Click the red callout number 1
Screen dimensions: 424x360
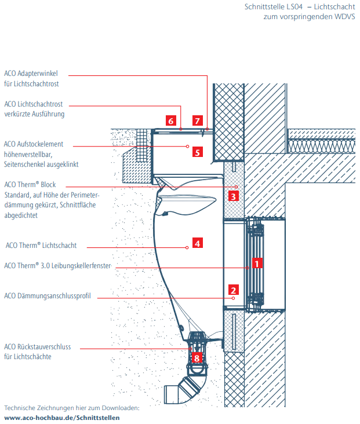[x=257, y=262]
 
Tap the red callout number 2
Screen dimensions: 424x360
[x=233, y=290]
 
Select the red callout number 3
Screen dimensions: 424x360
[x=233, y=196]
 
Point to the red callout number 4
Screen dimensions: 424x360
[x=197, y=243]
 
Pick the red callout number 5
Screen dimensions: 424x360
[x=197, y=153]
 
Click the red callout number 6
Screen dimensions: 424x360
[x=170, y=121]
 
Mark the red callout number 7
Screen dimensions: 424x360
[x=198, y=121]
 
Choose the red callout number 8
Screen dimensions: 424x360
[x=197, y=358]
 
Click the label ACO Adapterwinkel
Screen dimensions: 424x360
[x=35, y=74]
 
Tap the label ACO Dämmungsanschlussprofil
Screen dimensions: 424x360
[x=48, y=296]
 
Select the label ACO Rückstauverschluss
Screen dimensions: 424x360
[x=37, y=346]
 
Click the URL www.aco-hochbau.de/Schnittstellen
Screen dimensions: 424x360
[x=62, y=417]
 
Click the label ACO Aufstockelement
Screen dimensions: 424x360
[x=34, y=144]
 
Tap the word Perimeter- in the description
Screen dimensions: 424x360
[x=85, y=194]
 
